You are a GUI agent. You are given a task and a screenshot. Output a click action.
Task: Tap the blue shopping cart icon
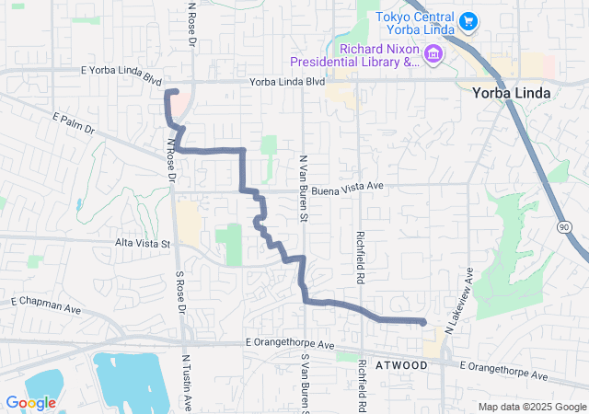pos(468,20)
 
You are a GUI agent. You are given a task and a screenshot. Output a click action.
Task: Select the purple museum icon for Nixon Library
pos(432,55)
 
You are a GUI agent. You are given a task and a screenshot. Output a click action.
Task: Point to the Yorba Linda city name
pos(511,93)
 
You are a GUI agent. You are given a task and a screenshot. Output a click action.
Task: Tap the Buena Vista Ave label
pos(347,186)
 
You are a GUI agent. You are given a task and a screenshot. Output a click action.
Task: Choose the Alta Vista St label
pos(141,244)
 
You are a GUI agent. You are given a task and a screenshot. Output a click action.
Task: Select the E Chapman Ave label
pos(45,302)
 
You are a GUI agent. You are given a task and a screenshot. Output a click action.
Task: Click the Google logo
pos(30,403)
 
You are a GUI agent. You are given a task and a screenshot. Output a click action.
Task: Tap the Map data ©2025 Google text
pos(531,407)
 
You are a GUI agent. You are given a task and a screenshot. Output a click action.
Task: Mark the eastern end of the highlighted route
pos(422,322)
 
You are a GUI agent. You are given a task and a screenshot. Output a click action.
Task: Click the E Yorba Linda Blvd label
pos(121,75)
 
